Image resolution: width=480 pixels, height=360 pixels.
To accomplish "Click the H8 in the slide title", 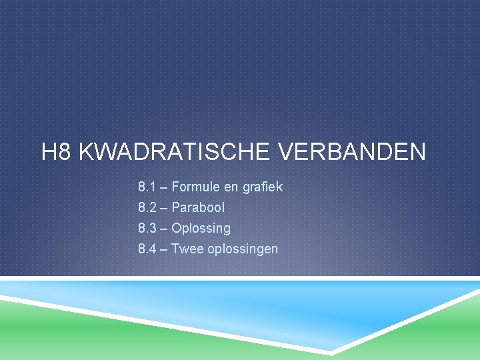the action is (56, 151).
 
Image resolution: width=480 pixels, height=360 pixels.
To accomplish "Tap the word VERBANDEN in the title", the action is (353, 151).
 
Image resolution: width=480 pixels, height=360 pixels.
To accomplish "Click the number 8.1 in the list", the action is (147, 187).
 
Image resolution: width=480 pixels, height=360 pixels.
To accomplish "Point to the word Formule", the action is (195, 187).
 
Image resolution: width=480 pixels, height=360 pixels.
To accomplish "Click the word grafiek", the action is (263, 187).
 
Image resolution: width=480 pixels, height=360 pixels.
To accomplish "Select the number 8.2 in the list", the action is (147, 207).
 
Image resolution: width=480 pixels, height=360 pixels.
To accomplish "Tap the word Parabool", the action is (198, 207).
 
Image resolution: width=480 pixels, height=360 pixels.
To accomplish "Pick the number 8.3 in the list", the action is (147, 228).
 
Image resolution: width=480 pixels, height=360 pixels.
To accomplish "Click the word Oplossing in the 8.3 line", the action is (201, 229).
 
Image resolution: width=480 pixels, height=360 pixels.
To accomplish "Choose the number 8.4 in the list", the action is (147, 249).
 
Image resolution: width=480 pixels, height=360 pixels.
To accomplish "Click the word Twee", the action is (187, 249).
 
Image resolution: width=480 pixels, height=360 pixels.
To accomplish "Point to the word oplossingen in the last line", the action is (243, 249).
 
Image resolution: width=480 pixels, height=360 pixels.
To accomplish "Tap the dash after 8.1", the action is (163, 187).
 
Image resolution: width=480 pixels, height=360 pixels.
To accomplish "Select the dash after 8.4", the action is (163, 249).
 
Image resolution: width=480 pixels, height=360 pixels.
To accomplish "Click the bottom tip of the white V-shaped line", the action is (331, 353).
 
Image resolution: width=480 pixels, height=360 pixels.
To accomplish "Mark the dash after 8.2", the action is (163, 208).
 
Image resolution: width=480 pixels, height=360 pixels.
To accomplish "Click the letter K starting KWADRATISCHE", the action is (86, 151).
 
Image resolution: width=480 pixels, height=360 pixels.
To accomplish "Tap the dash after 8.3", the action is (163, 229).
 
